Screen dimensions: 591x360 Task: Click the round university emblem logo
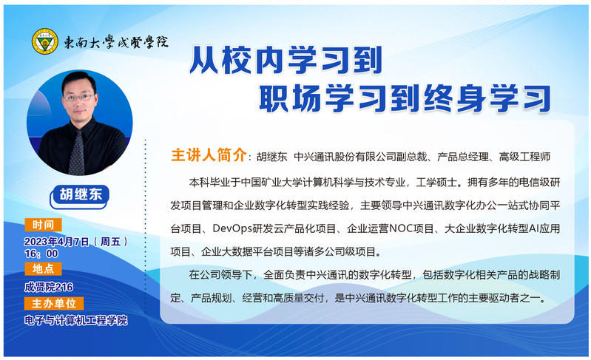click(45, 41)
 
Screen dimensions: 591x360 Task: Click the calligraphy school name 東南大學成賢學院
click(115, 42)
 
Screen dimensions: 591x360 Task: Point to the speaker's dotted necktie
click(77, 153)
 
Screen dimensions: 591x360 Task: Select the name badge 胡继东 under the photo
click(80, 195)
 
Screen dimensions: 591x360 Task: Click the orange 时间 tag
click(43, 225)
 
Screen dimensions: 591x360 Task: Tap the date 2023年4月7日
click(56, 242)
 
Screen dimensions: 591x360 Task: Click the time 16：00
click(41, 254)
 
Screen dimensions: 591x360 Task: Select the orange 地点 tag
click(43, 269)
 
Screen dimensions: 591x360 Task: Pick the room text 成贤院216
click(49, 288)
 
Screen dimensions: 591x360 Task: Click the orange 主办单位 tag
click(54, 304)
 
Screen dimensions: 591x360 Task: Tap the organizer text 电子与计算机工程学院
click(75, 321)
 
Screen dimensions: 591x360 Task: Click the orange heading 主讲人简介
click(209, 154)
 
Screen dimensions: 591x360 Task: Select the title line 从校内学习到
click(286, 60)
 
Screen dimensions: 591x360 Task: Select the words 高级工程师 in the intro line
click(524, 157)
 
